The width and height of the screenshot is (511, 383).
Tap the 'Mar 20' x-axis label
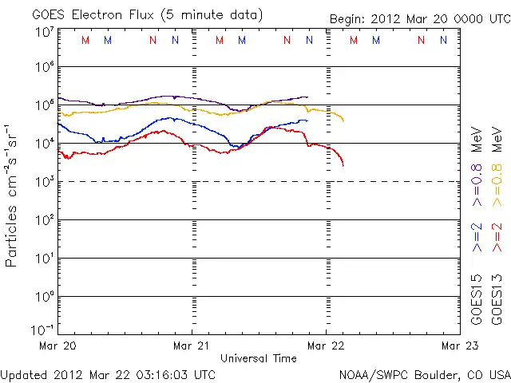(60, 346)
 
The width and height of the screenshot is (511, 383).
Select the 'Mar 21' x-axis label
(192, 346)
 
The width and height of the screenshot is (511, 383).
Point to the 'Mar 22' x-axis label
(326, 346)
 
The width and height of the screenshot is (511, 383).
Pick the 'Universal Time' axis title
(259, 358)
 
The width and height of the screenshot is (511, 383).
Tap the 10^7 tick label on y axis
(45, 31)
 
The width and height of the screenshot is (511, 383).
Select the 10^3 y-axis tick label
(45, 181)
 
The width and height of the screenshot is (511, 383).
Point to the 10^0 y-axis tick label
(45, 296)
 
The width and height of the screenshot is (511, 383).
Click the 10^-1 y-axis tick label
(43, 330)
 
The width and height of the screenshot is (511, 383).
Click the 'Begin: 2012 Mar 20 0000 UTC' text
(418, 18)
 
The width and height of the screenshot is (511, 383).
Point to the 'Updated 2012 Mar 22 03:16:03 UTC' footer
(108, 374)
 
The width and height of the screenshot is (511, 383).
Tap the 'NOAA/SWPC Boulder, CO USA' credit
(424, 374)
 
